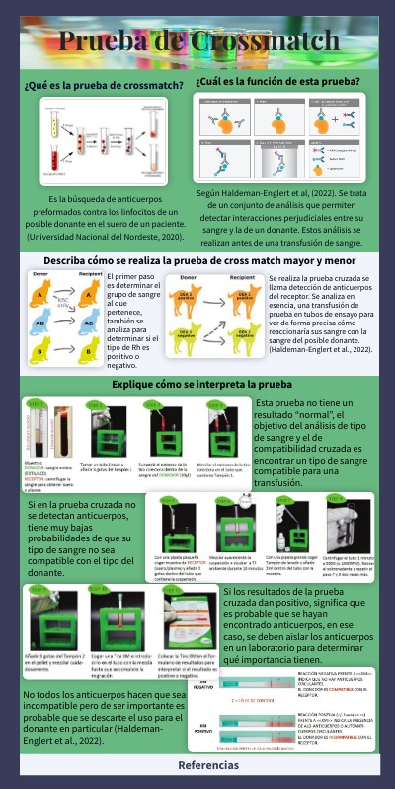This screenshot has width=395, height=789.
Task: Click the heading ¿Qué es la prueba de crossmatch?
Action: tap(104, 85)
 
